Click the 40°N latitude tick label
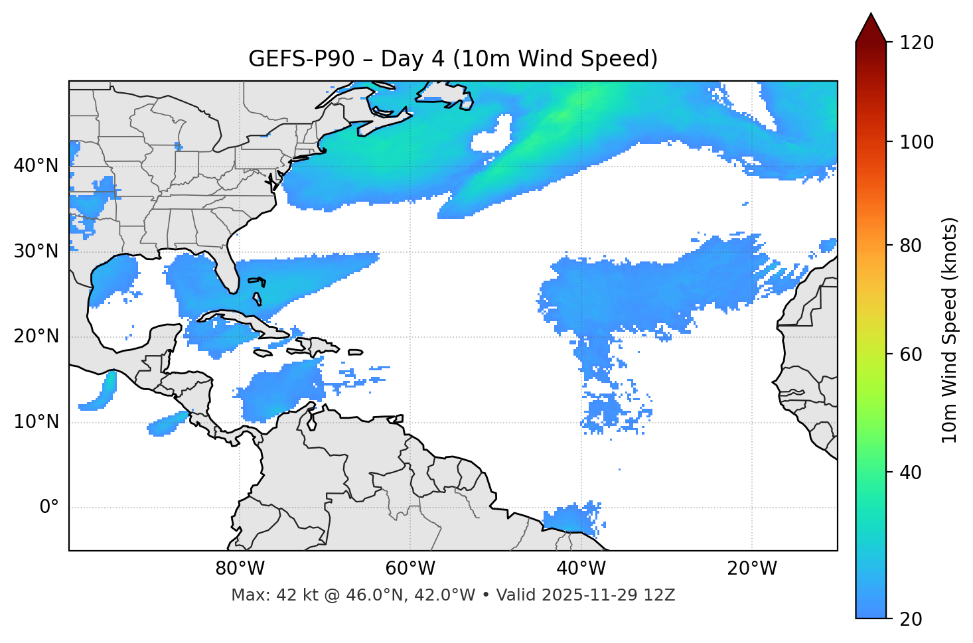(36, 166)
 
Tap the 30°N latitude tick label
(36, 251)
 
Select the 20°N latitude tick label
(36, 336)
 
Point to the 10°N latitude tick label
(36, 422)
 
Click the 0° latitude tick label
(49, 508)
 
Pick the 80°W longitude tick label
(240, 569)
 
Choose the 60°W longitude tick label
(410, 569)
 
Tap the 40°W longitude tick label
(581, 569)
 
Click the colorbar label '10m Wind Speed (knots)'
(950, 330)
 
